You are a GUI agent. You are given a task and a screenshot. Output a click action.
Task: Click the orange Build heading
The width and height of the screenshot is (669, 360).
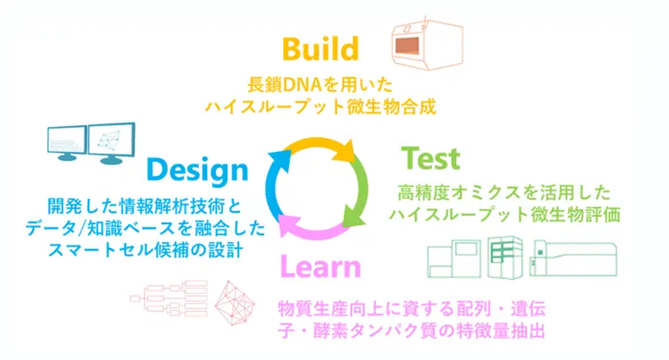point(320,49)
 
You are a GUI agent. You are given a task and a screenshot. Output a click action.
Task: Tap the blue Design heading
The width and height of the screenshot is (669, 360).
point(197,171)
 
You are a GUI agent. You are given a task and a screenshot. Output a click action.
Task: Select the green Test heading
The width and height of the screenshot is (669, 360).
point(431,159)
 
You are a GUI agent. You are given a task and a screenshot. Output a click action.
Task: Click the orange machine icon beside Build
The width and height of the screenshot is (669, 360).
point(427,44)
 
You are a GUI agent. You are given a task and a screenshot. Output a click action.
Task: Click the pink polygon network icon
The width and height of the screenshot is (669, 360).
point(234,303)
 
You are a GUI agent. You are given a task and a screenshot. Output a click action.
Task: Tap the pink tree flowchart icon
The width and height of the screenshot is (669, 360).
point(169,298)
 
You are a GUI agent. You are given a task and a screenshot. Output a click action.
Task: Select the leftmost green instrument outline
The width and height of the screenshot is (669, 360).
point(454,259)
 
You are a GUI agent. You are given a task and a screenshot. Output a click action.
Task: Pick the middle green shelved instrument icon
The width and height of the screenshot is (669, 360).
point(506,257)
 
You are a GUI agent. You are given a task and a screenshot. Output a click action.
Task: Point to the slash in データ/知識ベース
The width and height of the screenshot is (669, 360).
point(79,229)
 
